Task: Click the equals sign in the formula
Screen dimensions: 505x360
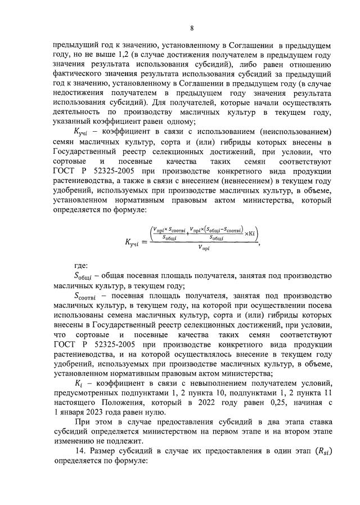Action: pos(145,243)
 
